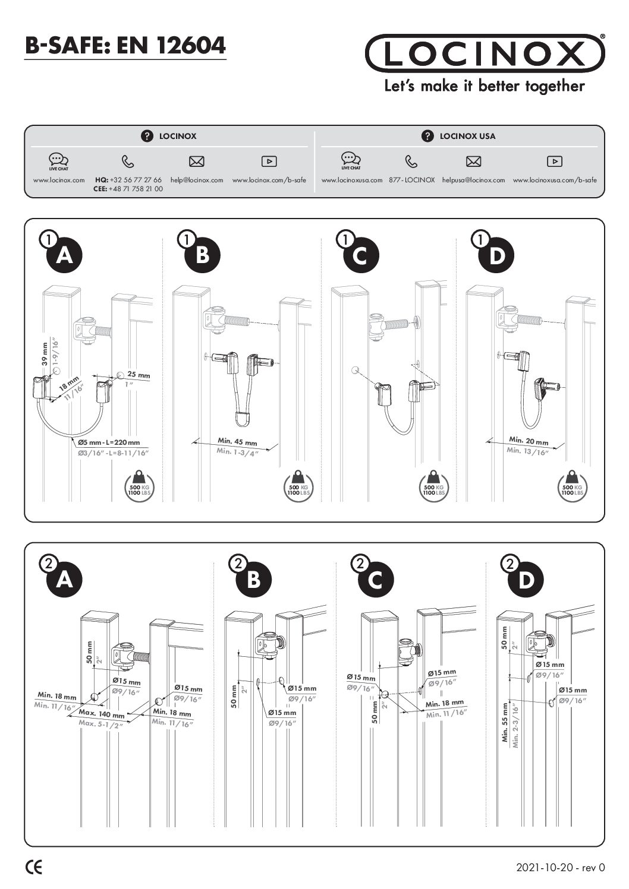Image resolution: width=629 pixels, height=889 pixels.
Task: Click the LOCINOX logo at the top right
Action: [485, 53]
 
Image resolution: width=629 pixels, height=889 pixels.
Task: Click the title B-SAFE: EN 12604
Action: [125, 45]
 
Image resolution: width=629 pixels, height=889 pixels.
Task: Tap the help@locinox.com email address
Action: [197, 180]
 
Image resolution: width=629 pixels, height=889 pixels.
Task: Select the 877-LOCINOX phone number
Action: [412, 180]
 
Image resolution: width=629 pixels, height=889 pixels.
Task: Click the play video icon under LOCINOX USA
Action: [554, 161]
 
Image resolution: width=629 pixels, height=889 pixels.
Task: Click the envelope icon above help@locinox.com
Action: [196, 161]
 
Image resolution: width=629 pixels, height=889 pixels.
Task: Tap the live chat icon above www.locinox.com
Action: [58, 160]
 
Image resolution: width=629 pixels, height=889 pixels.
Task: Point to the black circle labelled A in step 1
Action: [64, 255]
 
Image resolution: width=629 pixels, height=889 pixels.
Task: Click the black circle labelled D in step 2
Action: [526, 580]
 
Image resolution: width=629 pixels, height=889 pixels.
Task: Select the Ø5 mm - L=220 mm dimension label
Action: [109, 442]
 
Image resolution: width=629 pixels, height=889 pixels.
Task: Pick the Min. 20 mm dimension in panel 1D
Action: [529, 441]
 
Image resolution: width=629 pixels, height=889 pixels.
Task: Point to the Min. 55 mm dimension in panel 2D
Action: [505, 723]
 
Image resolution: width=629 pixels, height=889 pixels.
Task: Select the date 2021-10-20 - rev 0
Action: [560, 868]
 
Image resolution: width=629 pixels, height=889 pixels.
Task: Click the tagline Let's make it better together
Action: [485, 86]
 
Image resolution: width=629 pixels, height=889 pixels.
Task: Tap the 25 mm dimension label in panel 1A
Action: [139, 375]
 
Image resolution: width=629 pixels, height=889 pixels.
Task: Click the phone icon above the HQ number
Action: [128, 161]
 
